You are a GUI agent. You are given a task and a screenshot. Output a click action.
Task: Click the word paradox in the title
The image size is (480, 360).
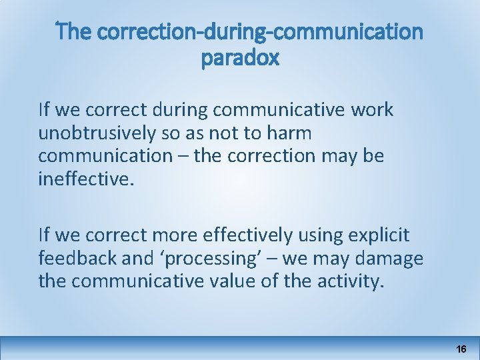click(240, 59)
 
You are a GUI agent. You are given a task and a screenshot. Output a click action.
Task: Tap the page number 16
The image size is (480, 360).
click(461, 349)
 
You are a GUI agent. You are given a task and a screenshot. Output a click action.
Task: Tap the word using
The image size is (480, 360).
click(317, 235)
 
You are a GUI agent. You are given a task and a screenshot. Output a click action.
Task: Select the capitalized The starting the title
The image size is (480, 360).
click(72, 31)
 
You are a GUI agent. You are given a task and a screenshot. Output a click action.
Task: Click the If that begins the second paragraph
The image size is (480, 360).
click(44, 235)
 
